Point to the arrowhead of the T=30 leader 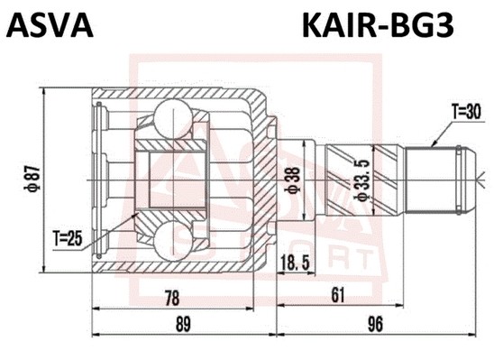click(x=432, y=144)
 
